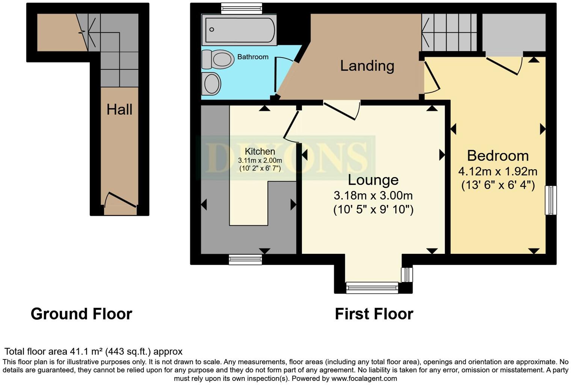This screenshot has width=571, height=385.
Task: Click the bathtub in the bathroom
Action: pyautogui.click(x=239, y=30)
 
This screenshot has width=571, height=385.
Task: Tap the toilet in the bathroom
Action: pyautogui.click(x=218, y=59)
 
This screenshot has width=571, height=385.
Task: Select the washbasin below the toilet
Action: pyautogui.click(x=211, y=83)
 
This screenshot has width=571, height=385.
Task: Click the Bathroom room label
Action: pyautogui.click(x=253, y=57)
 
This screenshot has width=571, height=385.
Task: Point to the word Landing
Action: pyautogui.click(x=367, y=66)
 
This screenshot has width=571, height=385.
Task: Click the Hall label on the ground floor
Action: pyautogui.click(x=119, y=109)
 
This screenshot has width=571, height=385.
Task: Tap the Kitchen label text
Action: pyautogui.click(x=260, y=152)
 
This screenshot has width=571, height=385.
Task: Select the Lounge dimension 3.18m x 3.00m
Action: pyautogui.click(x=373, y=196)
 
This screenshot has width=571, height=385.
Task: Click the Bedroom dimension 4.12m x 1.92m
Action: pyautogui.click(x=497, y=171)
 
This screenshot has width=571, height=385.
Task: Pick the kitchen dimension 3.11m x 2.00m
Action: pyautogui.click(x=260, y=160)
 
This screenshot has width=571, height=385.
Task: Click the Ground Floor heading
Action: pyautogui.click(x=82, y=314)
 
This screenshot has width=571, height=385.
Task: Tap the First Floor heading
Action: pyautogui.click(x=374, y=314)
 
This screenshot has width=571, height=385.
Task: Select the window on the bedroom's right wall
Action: pyautogui.click(x=551, y=200)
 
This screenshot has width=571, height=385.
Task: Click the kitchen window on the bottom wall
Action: pyautogui.click(x=245, y=259)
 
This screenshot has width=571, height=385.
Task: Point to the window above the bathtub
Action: pyautogui.click(x=242, y=8)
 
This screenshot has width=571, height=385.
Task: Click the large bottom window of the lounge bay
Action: pyautogui.click(x=372, y=288)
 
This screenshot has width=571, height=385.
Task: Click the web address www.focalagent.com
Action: pyautogui.click(x=364, y=379)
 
